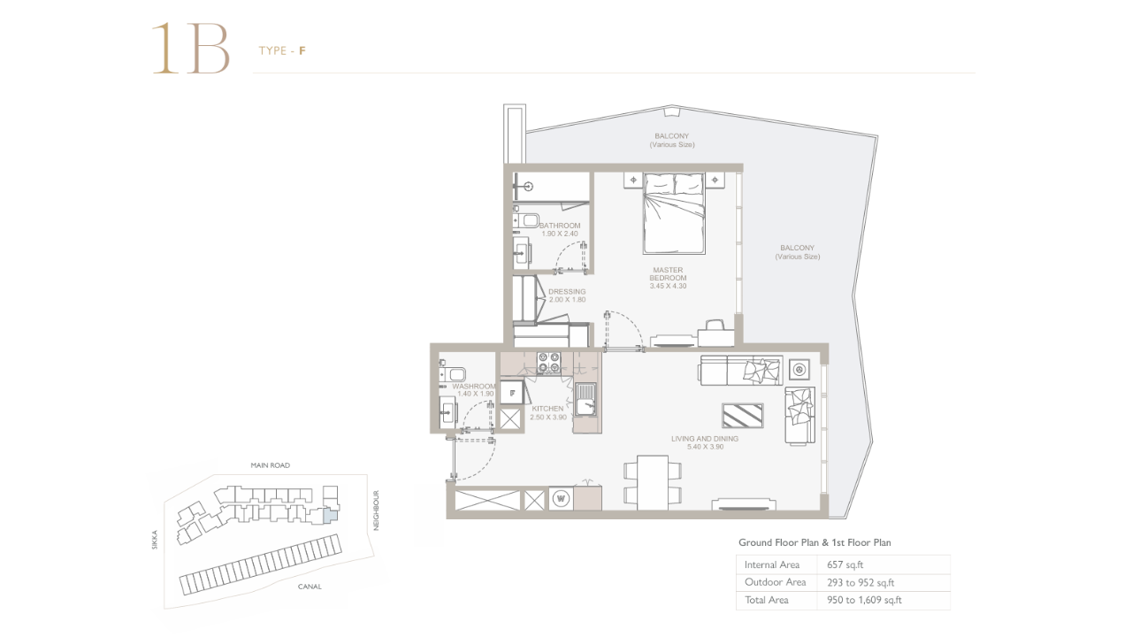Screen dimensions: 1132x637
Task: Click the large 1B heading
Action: [x=191, y=49]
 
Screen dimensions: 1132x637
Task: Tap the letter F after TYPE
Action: [x=302, y=50]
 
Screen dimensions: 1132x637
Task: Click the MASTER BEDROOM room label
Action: [x=668, y=274]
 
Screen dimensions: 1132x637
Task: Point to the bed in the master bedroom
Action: [x=674, y=213]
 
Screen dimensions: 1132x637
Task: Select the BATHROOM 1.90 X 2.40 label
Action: [x=560, y=229]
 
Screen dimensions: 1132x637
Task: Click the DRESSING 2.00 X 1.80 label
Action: [x=567, y=295]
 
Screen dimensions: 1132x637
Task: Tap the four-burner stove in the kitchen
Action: [x=548, y=362]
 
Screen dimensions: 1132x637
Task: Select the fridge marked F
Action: [x=512, y=393]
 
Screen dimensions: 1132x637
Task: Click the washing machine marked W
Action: [x=561, y=498]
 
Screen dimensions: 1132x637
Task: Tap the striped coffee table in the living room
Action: [x=742, y=416]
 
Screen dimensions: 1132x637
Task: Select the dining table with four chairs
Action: [x=653, y=483]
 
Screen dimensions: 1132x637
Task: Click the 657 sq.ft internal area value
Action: [x=845, y=564]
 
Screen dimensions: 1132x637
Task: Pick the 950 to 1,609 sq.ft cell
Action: [x=864, y=600]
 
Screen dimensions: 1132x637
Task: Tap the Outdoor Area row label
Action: [x=776, y=582]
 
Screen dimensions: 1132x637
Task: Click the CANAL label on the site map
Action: [x=310, y=587]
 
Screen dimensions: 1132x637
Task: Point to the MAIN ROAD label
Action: [x=271, y=465]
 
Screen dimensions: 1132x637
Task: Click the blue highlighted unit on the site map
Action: [x=330, y=516]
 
